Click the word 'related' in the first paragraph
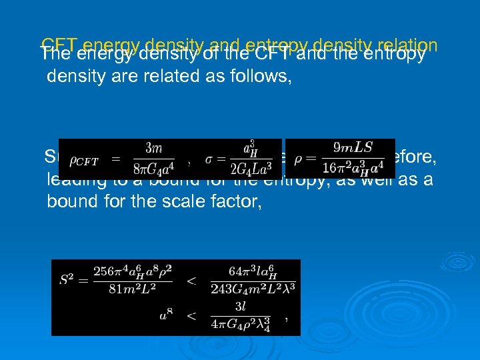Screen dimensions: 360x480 155,76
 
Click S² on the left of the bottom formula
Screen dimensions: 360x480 67,280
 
